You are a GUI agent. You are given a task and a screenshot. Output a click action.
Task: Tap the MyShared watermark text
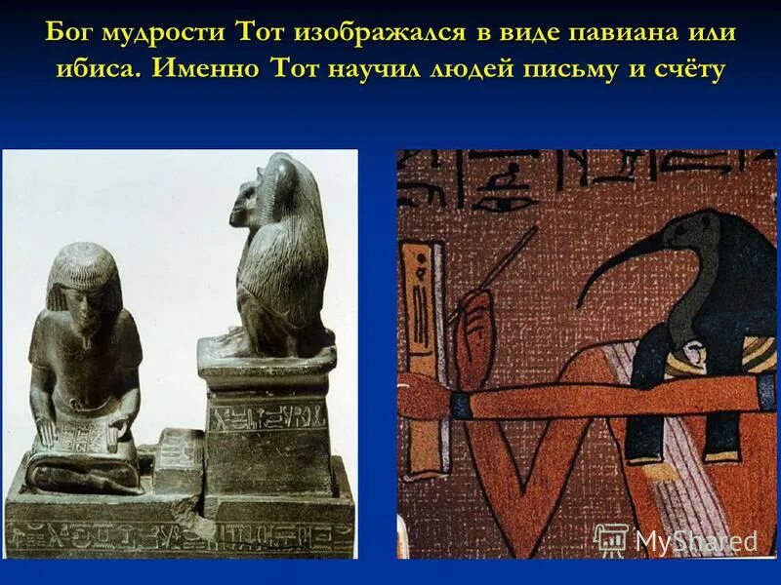click(x=695, y=540)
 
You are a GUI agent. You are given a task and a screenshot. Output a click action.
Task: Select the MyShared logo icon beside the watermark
click(x=611, y=539)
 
